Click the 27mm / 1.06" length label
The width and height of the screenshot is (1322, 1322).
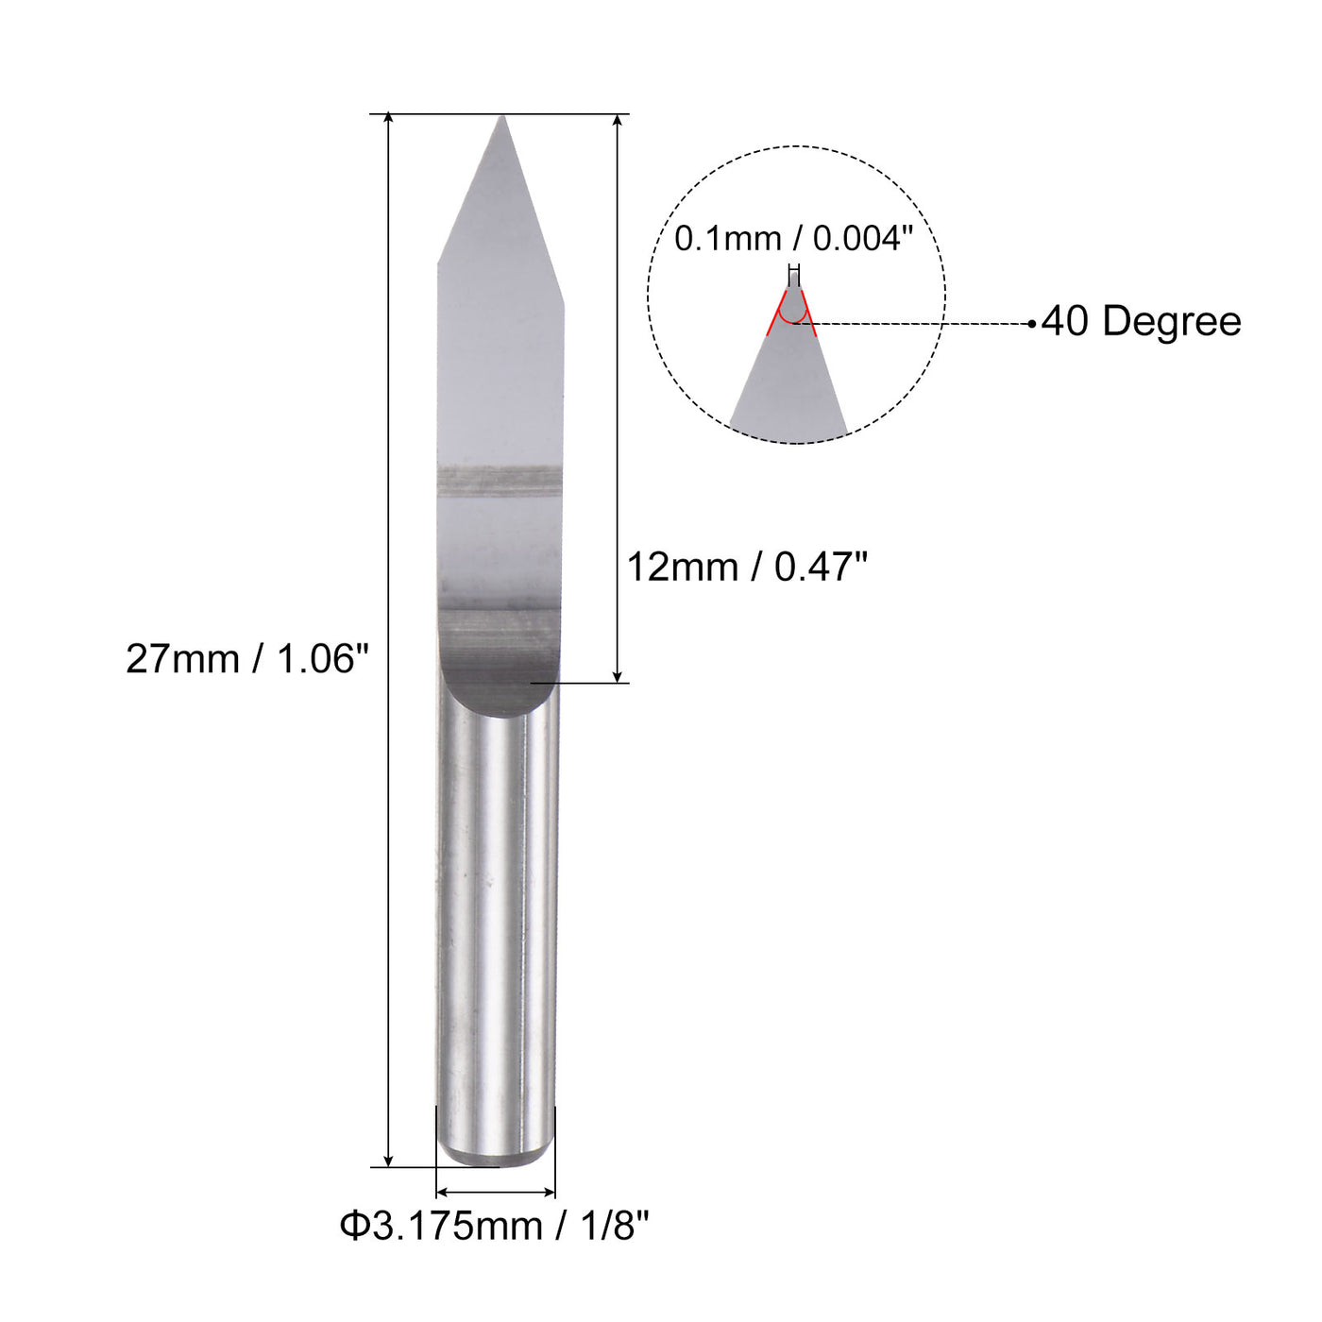tap(246, 659)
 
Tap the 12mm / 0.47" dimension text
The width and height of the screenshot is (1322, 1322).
tap(747, 568)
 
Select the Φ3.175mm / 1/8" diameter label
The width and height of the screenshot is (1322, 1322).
tap(495, 1227)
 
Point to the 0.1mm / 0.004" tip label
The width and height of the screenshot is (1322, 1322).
tap(793, 239)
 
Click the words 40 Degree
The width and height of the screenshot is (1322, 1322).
tap(1141, 322)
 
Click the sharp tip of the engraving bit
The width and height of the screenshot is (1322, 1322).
tap(502, 119)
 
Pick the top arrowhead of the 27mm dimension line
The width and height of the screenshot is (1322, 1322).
tap(388, 118)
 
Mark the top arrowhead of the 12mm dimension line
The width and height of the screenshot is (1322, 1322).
tap(618, 120)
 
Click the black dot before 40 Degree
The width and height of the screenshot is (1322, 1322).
tap(1032, 324)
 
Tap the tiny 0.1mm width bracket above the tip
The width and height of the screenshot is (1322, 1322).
tap(794, 268)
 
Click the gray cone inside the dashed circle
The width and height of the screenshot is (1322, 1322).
tap(789, 397)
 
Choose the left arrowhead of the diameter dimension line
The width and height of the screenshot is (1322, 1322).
tap(441, 1193)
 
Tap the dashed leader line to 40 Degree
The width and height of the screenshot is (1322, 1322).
tap(916, 324)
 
